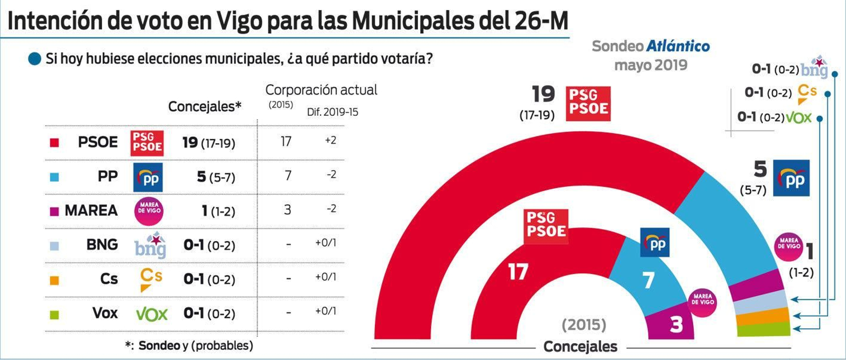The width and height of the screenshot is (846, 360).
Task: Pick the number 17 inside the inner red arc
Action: click(x=518, y=272)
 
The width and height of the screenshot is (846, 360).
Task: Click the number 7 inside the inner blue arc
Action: click(x=649, y=280)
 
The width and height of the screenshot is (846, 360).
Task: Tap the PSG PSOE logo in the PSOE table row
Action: click(x=147, y=143)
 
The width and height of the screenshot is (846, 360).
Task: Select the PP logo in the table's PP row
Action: click(x=148, y=177)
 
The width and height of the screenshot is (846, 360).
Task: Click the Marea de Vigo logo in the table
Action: click(x=149, y=210)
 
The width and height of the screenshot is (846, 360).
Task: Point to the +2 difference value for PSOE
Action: click(x=330, y=141)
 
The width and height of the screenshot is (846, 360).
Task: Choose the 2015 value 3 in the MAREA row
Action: click(x=287, y=210)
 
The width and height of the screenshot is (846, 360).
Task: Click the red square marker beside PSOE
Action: click(x=54, y=143)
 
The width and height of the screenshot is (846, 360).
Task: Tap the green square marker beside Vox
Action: click(x=54, y=315)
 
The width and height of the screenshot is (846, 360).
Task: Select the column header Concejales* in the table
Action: click(x=205, y=107)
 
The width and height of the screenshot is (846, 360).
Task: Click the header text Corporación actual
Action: click(x=321, y=90)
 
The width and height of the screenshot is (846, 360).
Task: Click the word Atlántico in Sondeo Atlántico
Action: click(x=678, y=47)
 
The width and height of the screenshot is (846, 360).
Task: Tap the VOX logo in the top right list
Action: click(x=799, y=117)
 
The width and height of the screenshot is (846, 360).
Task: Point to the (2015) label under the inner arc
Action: click(x=584, y=324)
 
